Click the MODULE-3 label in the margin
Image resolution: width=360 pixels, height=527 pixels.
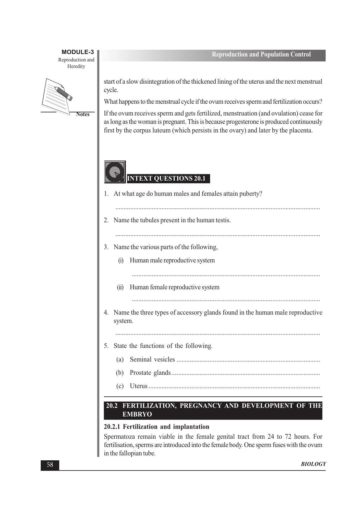(x=77, y=52)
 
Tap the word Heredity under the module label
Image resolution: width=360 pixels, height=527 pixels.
(x=76, y=66)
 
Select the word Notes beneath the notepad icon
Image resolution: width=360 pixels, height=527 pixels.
(x=83, y=114)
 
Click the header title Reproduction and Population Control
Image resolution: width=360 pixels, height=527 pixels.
(x=261, y=55)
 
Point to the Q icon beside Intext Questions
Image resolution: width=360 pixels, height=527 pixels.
(x=115, y=172)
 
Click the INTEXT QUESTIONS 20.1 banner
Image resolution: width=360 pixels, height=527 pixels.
(x=167, y=178)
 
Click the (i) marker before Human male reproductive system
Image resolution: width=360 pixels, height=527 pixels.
(x=121, y=261)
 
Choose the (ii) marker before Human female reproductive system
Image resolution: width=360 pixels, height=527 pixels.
(x=120, y=287)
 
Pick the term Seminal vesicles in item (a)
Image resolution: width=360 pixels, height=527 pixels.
(x=152, y=360)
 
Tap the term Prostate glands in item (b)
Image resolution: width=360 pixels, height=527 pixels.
(x=150, y=373)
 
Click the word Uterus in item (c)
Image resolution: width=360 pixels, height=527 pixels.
(x=139, y=386)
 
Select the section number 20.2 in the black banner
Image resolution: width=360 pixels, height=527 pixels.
(x=112, y=406)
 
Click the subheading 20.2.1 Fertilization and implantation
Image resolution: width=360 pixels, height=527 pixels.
(x=156, y=427)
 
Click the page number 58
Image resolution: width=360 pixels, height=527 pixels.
(x=50, y=465)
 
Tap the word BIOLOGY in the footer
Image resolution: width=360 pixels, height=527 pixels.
(x=313, y=464)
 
